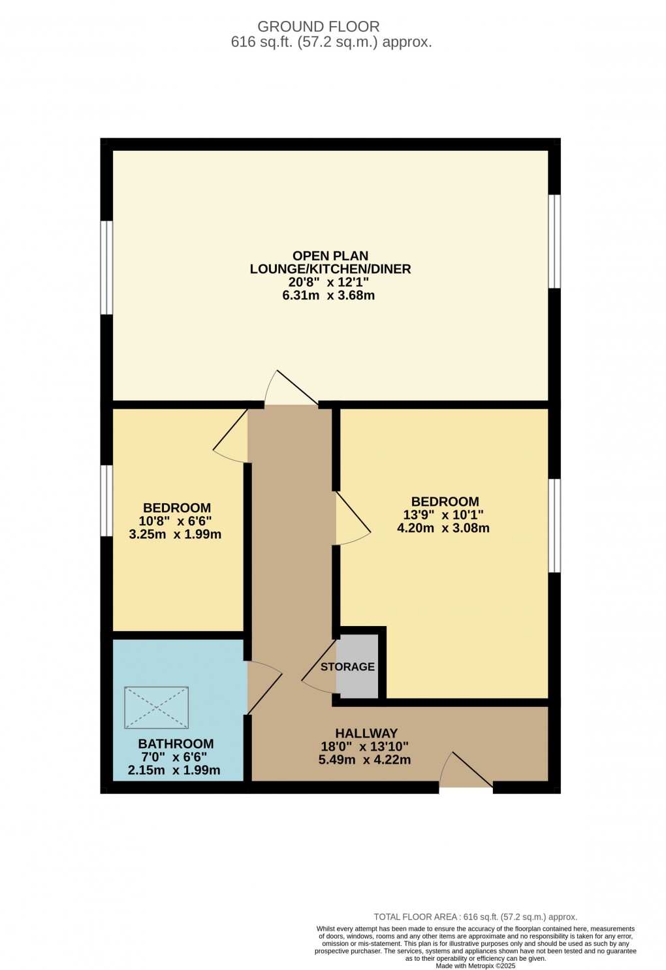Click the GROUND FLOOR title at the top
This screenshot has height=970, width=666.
click(x=318, y=27)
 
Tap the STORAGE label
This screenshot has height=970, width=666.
click(x=347, y=666)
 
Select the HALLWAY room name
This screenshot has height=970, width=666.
click(x=366, y=733)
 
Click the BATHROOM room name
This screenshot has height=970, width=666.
click(x=176, y=743)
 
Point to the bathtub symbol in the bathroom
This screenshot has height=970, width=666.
click(x=157, y=707)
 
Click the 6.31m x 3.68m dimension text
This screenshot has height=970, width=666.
click(x=328, y=295)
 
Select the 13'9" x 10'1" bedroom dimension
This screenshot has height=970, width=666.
click(x=443, y=514)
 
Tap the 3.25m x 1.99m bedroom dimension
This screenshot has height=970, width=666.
click(x=175, y=534)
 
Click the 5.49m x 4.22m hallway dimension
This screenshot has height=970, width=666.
click(x=364, y=759)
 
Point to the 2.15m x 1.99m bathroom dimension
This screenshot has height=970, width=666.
click(x=174, y=770)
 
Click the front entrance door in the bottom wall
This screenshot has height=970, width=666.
click(x=466, y=772)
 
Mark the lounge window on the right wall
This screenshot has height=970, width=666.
click(x=554, y=242)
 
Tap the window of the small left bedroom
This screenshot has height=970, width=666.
click(x=106, y=500)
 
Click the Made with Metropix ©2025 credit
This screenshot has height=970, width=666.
click(x=475, y=965)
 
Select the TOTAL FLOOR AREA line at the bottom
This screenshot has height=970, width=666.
click(x=475, y=916)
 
